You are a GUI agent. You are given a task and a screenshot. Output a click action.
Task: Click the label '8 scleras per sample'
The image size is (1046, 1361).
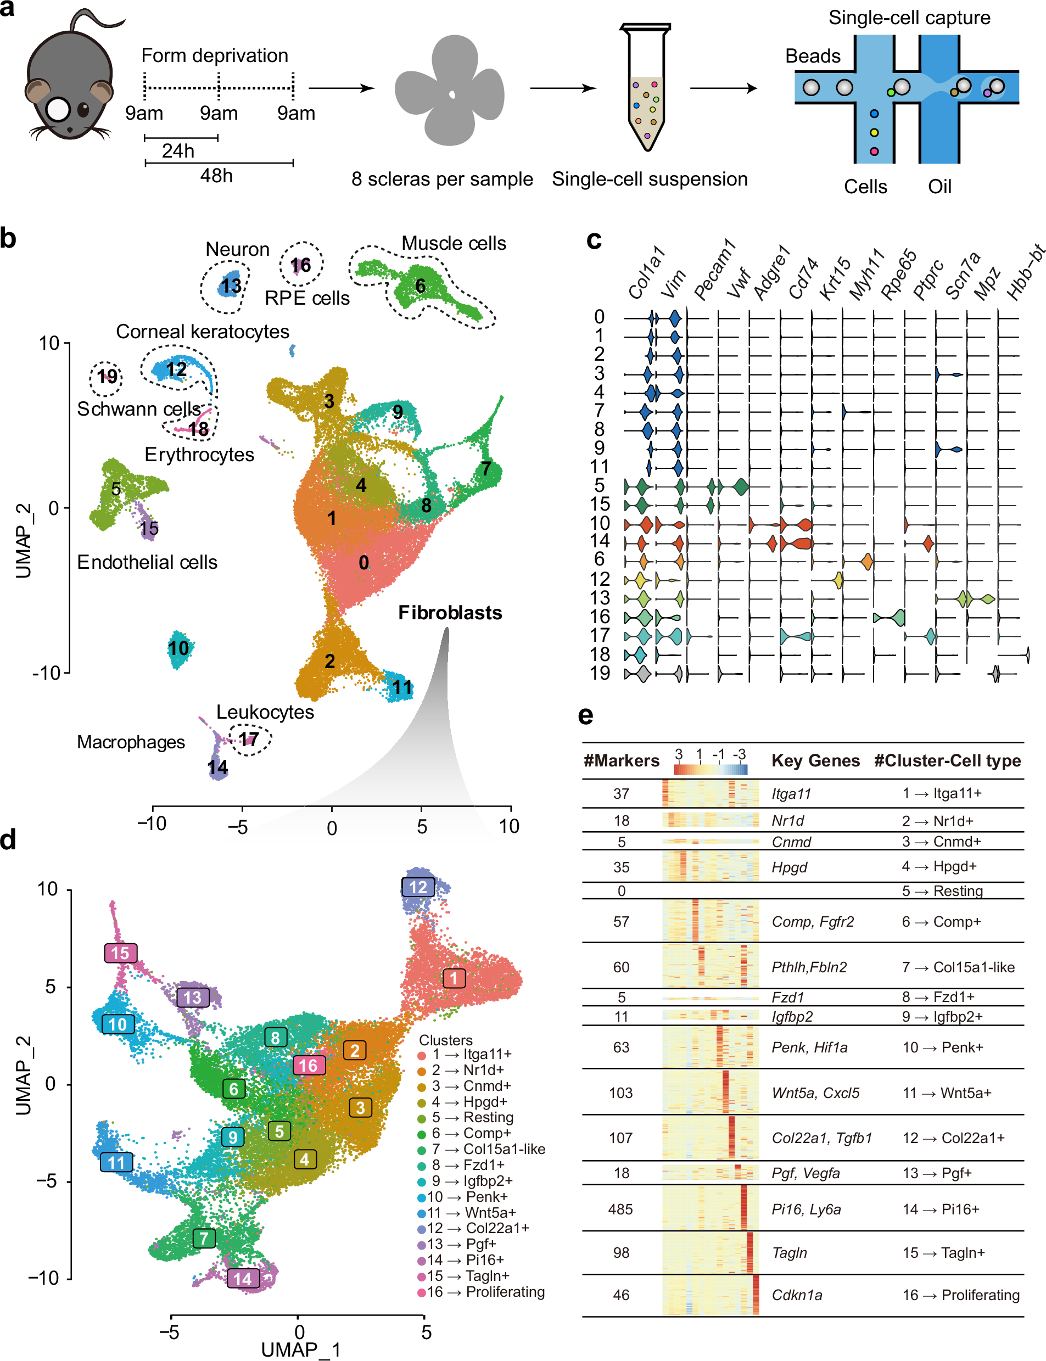pos(441,180)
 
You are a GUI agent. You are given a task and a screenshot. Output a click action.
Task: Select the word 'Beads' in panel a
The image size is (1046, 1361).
pos(813,57)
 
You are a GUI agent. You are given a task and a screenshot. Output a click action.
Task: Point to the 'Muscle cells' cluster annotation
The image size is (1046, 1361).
pos(454,243)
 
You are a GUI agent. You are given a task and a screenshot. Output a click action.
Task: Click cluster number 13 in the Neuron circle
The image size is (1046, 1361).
pos(231,286)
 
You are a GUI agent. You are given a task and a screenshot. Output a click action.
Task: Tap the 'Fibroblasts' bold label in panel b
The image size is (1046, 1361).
pos(450,613)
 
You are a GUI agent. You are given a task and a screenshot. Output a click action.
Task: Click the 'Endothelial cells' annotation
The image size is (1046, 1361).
pos(147,562)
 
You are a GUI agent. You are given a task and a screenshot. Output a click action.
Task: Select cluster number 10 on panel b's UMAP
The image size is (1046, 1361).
pos(178,648)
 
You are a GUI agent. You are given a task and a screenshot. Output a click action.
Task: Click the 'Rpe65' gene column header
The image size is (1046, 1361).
pos(898,274)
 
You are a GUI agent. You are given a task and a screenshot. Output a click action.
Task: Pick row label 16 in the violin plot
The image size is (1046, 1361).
pos(600,617)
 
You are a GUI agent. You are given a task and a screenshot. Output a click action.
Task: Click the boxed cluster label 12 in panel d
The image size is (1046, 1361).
pos(418,887)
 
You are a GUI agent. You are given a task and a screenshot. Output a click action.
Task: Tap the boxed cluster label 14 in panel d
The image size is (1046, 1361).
pos(243,1279)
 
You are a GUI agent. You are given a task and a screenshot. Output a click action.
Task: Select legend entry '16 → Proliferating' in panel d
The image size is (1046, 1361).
pos(485,1292)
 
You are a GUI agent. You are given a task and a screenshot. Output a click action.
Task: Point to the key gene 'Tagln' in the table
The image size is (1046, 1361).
pos(789,1253)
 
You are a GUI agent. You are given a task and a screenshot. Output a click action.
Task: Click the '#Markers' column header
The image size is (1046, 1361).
pos(621,761)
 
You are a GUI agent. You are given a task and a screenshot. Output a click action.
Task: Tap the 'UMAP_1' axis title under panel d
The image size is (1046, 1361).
pos(301,1350)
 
